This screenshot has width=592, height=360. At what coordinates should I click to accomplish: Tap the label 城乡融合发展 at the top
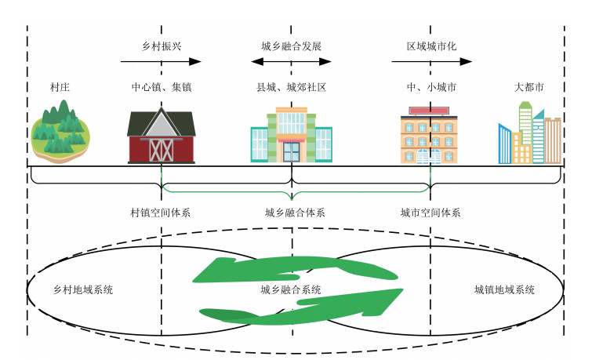click(x=291, y=46)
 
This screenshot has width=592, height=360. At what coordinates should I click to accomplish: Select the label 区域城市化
click(x=430, y=46)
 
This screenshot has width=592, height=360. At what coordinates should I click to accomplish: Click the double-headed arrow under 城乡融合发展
click(x=291, y=61)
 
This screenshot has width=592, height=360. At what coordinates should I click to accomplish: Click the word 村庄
click(x=59, y=87)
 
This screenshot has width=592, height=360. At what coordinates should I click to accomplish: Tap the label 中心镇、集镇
click(x=161, y=87)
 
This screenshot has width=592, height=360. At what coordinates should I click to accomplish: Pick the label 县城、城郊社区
click(x=291, y=87)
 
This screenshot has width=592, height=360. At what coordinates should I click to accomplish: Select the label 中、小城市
click(x=430, y=87)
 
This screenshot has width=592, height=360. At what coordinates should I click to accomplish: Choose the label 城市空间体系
click(x=430, y=213)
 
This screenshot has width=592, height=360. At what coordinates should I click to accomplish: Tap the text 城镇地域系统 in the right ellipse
click(x=504, y=289)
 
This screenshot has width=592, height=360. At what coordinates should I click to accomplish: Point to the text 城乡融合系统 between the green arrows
click(x=291, y=289)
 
